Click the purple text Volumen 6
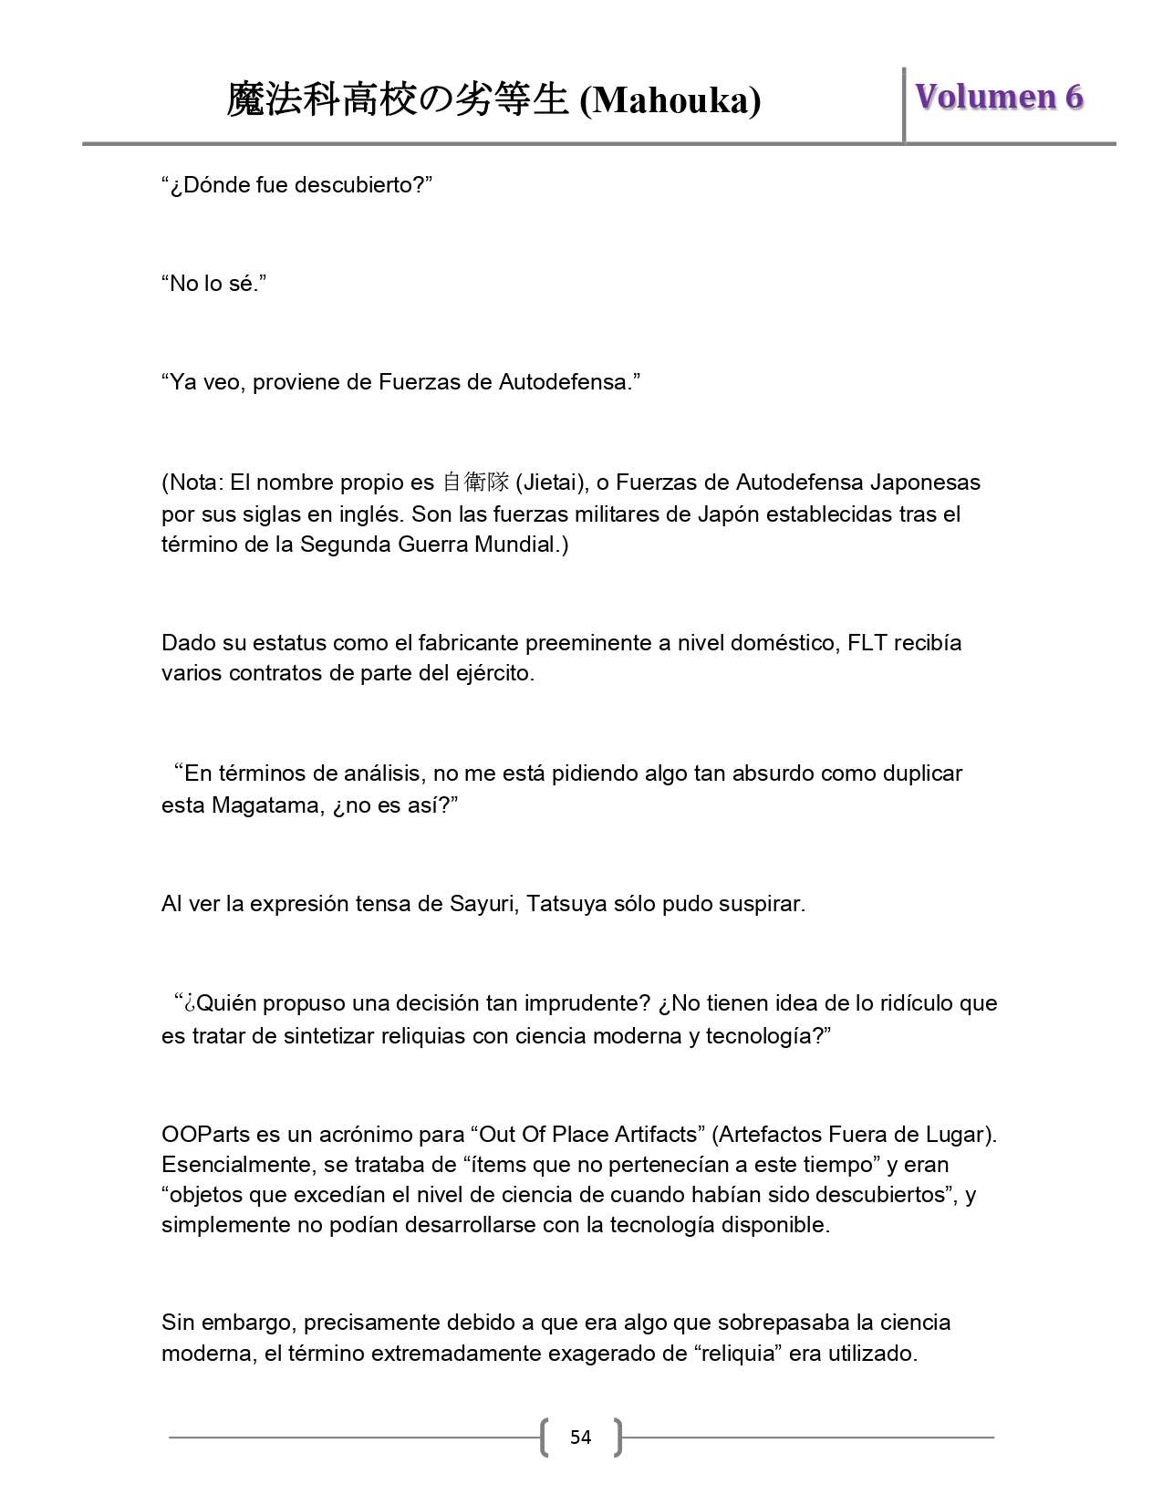(999, 97)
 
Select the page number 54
(580, 1438)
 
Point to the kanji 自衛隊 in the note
(475, 482)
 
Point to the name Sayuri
(482, 904)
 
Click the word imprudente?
(587, 1003)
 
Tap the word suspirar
(763, 904)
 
